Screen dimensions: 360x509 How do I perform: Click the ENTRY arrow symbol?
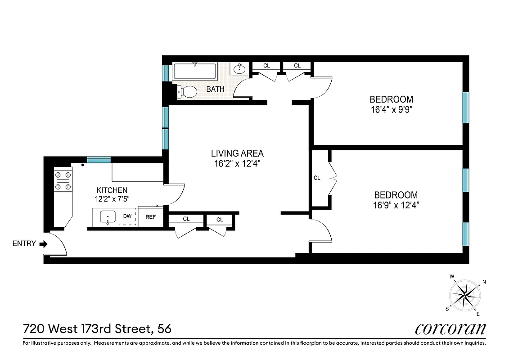pos(43,244)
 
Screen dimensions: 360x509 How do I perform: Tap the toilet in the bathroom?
pos(187,92)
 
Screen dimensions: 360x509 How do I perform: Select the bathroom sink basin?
pos(239,69)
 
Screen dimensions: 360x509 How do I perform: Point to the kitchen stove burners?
pos(63,180)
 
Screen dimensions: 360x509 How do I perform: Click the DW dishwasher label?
pos(127,216)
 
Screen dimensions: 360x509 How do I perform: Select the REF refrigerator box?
pos(150,217)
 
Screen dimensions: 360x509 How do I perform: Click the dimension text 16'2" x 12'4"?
pos(238,164)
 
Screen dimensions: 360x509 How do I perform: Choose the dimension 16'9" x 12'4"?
pos(396,206)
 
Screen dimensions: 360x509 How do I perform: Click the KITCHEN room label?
pos(112,190)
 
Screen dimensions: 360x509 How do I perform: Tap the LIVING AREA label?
pos(238,153)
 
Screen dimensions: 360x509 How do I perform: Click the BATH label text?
pos(215,89)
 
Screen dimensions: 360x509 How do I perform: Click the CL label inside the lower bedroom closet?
pos(317,178)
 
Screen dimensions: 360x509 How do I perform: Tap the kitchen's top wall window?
pos(99,159)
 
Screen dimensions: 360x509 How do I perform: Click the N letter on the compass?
pos(484,283)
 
